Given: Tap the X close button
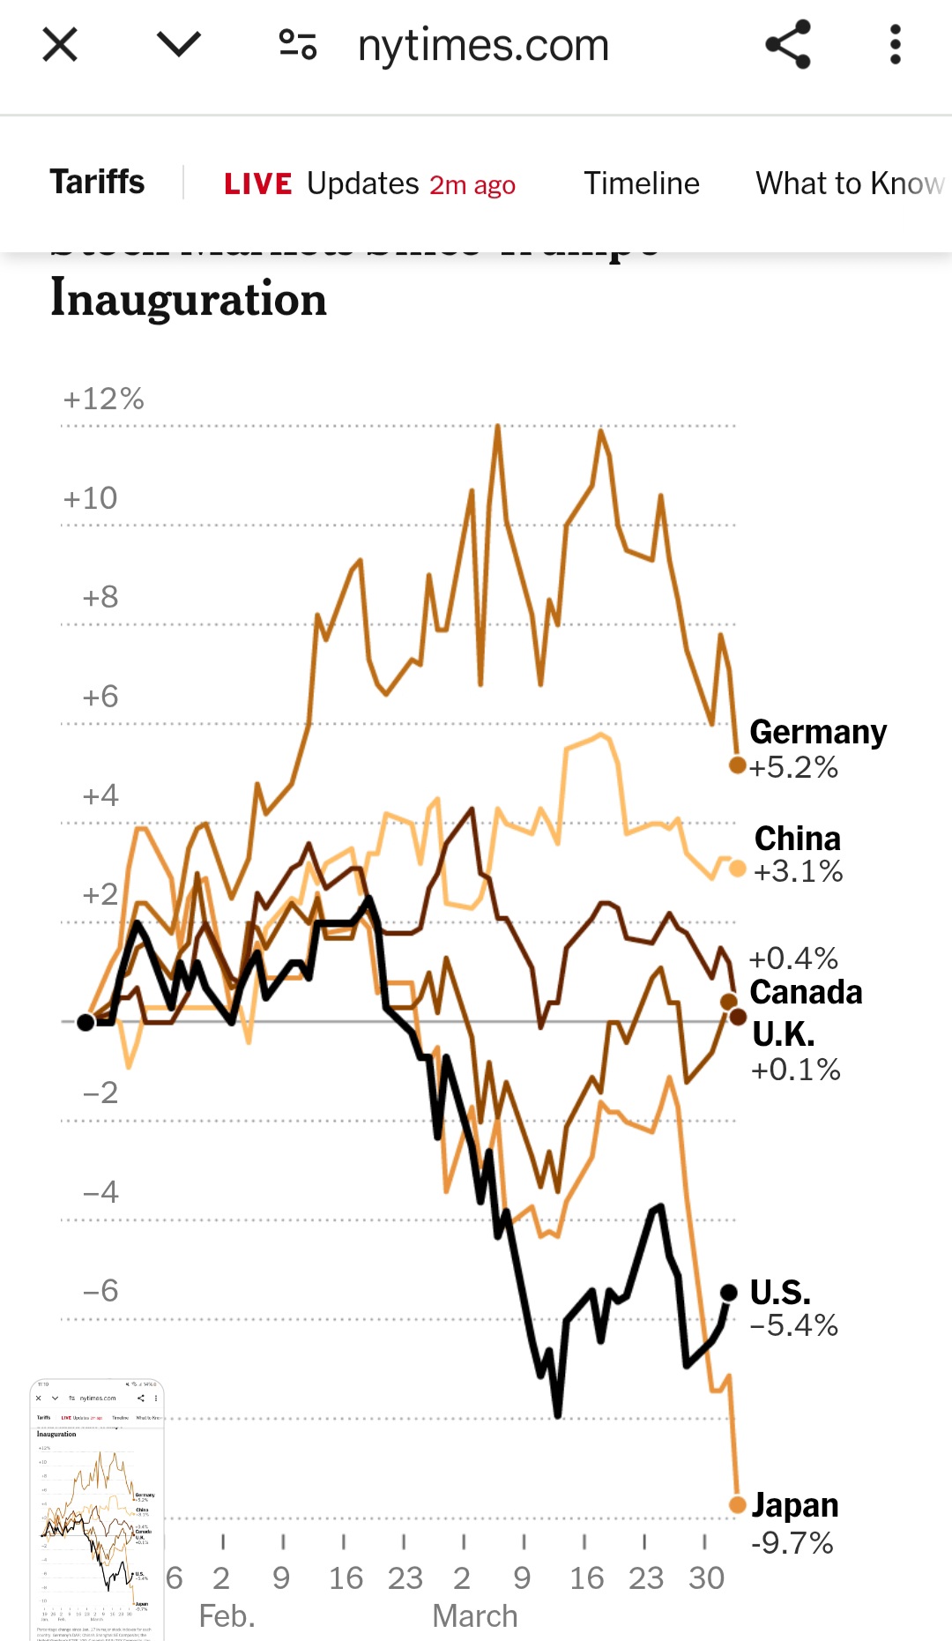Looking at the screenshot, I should tap(60, 44).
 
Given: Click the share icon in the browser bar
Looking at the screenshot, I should tap(787, 44).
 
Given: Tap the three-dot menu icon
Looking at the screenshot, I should tap(896, 44).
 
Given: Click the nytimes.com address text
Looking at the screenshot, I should tap(483, 45).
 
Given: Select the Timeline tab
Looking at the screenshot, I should tap(641, 183).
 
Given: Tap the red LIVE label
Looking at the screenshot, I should tap(257, 183).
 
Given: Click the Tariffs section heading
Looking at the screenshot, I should tap(97, 183).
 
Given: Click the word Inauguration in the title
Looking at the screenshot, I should tap(189, 299).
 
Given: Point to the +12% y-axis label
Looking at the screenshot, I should tap(103, 399).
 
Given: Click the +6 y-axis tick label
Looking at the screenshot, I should tap(100, 697).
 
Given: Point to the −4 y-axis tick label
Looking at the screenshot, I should tap(100, 1192).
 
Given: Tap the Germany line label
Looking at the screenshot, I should tap(817, 732).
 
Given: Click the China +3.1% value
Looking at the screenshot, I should tap(798, 871).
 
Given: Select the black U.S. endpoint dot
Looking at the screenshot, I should tap(729, 1293).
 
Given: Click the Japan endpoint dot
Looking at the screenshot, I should tap(738, 1505).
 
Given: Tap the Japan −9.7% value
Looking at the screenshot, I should tap(792, 1543).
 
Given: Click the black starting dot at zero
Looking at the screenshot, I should tap(86, 1022).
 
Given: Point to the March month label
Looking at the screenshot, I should tap(474, 1616).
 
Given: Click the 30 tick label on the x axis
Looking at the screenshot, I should tap(706, 1578).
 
